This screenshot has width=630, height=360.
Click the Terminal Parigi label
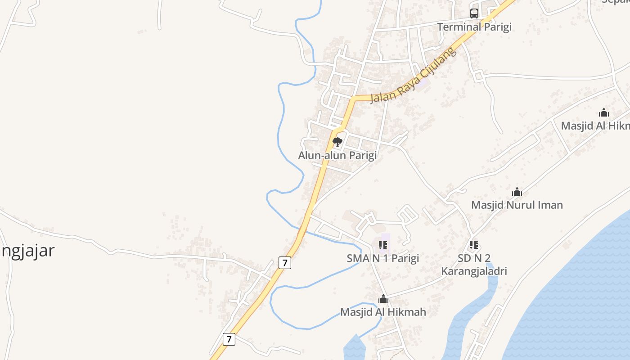click(x=474, y=27)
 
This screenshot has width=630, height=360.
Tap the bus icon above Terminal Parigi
click(x=474, y=13)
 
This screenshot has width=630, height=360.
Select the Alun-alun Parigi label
click(x=337, y=155)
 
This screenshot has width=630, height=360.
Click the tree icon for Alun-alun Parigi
click(x=337, y=143)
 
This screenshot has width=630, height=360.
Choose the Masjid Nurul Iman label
click(x=517, y=205)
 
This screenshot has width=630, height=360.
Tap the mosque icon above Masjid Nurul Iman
click(x=517, y=192)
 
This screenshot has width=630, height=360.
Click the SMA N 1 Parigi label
click(x=382, y=258)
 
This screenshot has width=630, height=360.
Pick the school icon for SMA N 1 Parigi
click(x=383, y=245)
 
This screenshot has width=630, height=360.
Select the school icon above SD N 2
click(x=473, y=245)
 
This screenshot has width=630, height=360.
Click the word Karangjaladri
click(x=474, y=271)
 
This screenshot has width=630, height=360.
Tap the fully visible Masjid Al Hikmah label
click(x=383, y=312)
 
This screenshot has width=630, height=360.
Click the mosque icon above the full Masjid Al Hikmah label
click(x=383, y=299)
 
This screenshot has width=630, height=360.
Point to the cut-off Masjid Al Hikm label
click(x=595, y=126)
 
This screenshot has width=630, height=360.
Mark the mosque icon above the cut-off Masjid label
click(x=604, y=112)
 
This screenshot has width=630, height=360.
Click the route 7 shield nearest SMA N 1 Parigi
click(x=284, y=262)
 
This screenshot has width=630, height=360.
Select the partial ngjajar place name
click(x=27, y=251)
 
